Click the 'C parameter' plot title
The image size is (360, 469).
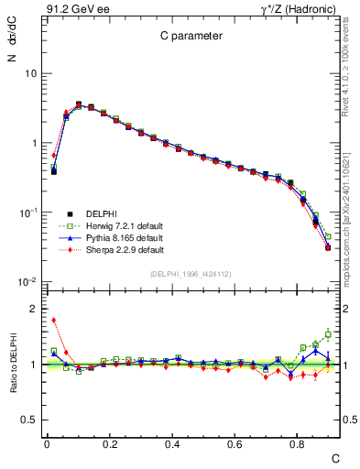pos(186,37)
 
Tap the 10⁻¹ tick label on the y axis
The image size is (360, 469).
pos(27,213)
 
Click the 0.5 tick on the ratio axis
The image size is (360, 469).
pos(28,420)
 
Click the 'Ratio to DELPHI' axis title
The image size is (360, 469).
pos(10,365)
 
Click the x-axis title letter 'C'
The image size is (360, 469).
pos(334,456)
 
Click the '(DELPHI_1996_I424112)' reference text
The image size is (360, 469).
pos(189,274)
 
